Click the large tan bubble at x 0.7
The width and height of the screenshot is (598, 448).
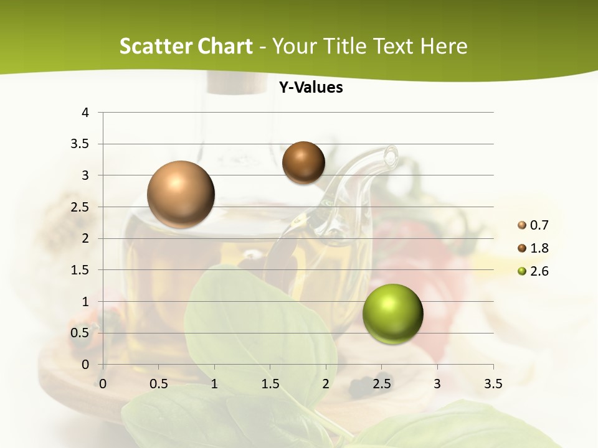coord(181,194)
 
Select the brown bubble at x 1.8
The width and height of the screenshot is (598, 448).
coord(303,162)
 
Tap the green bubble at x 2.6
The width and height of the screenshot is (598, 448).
coord(392,314)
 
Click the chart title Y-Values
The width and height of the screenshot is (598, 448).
coord(311,88)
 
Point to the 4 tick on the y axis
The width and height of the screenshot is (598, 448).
coord(86,113)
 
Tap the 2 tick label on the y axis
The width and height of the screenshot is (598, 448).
coord(86,238)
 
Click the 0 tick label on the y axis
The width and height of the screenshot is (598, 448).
coord(86,365)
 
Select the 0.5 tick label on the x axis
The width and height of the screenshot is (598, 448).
coord(159,383)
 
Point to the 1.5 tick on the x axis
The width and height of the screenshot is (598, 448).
coord(270,383)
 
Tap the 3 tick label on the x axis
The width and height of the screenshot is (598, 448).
coord(437,383)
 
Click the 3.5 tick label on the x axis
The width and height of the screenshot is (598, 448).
coord(493,383)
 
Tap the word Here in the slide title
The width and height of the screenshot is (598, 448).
coord(444,46)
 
